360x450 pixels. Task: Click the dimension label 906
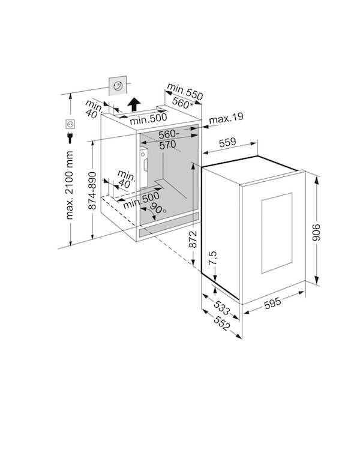[316, 232]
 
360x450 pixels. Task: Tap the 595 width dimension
[272, 303]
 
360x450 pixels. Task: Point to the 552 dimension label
[221, 324]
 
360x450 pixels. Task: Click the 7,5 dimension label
[213, 258]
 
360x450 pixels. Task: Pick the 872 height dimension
[193, 239]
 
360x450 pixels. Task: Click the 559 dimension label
[227, 142]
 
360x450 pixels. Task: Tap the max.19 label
[226, 118]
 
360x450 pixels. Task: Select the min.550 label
[185, 91]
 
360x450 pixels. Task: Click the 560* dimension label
[182, 103]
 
